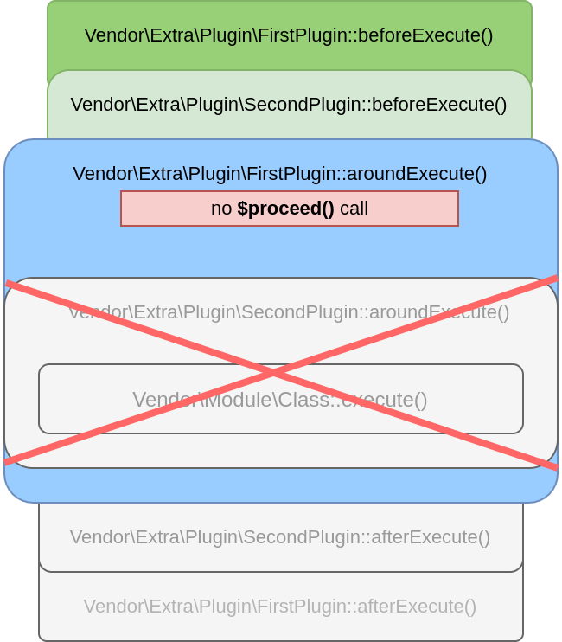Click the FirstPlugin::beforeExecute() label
tap(289, 35)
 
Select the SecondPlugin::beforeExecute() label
tap(289, 105)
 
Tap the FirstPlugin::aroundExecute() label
tap(280, 174)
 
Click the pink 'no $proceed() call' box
tap(289, 209)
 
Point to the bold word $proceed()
tap(285, 209)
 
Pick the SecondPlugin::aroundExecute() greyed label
tap(289, 312)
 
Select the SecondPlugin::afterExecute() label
tap(280, 537)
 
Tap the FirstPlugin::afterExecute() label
tap(280, 607)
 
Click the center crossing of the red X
tap(275, 373)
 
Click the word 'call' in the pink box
tap(354, 209)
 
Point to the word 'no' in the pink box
tap(220, 209)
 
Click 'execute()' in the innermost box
tap(385, 400)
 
